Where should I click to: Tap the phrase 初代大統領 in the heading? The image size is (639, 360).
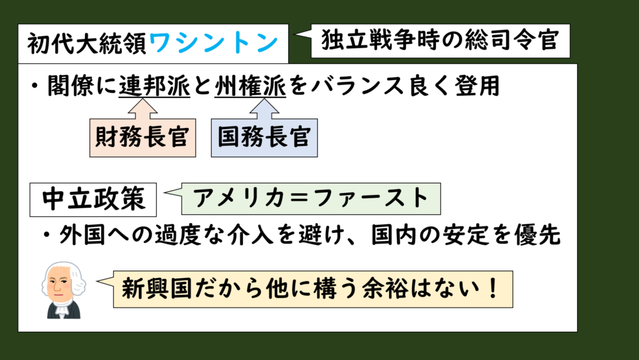tap(88, 44)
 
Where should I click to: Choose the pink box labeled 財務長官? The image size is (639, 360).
tap(142, 137)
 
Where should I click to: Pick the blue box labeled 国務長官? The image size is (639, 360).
tap(264, 137)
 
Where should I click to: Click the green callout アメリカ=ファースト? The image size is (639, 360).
tap(312, 199)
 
